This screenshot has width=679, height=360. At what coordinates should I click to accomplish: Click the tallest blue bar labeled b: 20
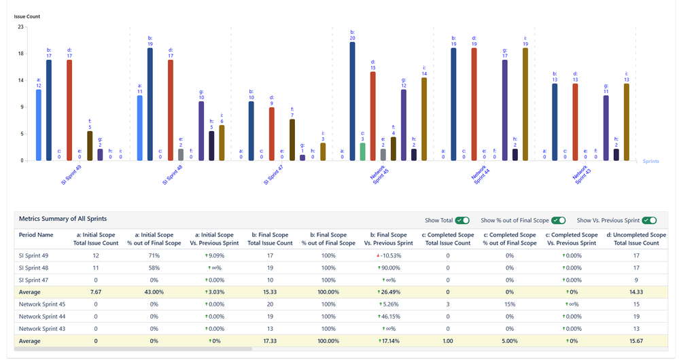pos(353,102)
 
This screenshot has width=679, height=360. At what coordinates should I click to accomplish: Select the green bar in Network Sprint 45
pos(363,151)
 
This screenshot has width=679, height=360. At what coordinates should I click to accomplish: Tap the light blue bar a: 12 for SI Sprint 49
pos(39,125)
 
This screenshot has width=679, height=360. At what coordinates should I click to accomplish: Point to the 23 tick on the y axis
pos(20,27)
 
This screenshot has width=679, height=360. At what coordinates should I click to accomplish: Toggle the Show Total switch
pos(462,220)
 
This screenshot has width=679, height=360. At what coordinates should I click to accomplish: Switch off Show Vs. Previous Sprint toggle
pos(649,220)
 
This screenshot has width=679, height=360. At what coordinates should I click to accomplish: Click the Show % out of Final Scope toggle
pos(559,220)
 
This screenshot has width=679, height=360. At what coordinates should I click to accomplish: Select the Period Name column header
pos(36,234)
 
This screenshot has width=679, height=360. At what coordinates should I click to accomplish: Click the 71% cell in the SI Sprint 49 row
pos(154,256)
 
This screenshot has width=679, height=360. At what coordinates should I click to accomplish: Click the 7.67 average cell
pos(96,292)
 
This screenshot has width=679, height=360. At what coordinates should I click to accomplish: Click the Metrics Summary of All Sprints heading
pos(63,219)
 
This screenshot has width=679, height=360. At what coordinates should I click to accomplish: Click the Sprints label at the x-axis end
pos(650,162)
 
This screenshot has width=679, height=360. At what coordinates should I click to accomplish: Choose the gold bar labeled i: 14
pos(424,119)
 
